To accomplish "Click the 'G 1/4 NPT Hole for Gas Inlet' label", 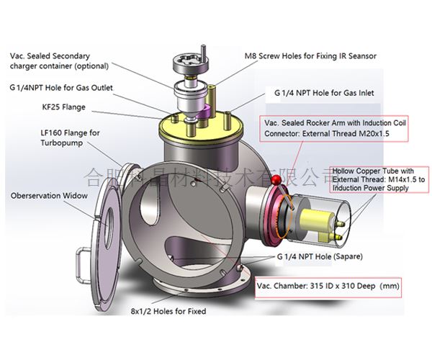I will [x=324, y=93].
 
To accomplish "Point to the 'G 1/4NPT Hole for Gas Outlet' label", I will [x=61, y=88].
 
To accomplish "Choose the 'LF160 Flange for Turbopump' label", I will [x=69, y=138].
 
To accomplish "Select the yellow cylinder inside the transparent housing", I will [x=317, y=217].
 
